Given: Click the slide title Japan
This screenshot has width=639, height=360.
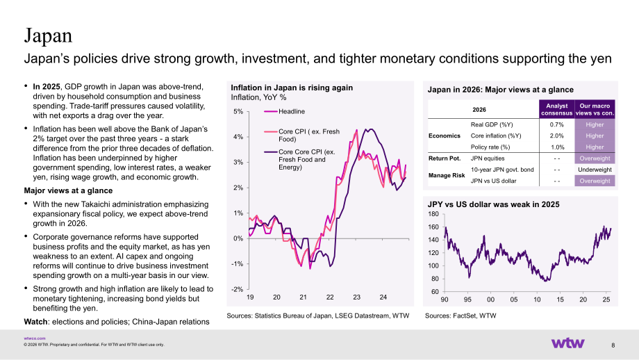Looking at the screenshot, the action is pos(48,35).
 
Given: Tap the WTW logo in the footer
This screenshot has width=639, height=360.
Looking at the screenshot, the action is pos(567,343).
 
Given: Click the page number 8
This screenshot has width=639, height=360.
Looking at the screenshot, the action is pos(613,345).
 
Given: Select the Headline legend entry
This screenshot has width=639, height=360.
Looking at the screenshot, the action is pos(292,111).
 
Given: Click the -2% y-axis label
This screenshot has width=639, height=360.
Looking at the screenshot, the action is pos(237,290).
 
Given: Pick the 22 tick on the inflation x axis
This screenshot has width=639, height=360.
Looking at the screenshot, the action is pos(330,297).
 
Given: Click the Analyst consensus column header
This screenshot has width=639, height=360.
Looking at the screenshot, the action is pos(556,109).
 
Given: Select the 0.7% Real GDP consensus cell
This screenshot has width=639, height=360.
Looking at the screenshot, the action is pos(556,125).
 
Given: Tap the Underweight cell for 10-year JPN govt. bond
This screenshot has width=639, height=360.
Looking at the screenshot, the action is pos(595,170).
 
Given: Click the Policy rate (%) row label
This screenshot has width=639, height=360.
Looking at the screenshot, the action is pos(490,147).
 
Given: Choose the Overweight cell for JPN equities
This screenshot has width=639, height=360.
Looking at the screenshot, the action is pos(595,158).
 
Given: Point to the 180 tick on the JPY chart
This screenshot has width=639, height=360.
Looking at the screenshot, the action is pos(433,214).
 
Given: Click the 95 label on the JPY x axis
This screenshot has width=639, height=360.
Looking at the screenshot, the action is pos(467,300).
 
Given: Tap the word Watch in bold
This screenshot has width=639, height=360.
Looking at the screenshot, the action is pos(36,322).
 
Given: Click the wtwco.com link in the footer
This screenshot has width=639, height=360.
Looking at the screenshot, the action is pos(35,338).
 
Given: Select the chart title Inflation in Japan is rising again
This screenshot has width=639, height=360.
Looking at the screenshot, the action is pos(292,88).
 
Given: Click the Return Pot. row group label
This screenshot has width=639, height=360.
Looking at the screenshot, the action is pos(445,158).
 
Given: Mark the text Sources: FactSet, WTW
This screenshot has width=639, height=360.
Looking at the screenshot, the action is pos(460,316).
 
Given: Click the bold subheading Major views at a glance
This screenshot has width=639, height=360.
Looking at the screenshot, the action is pos(68,190).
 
